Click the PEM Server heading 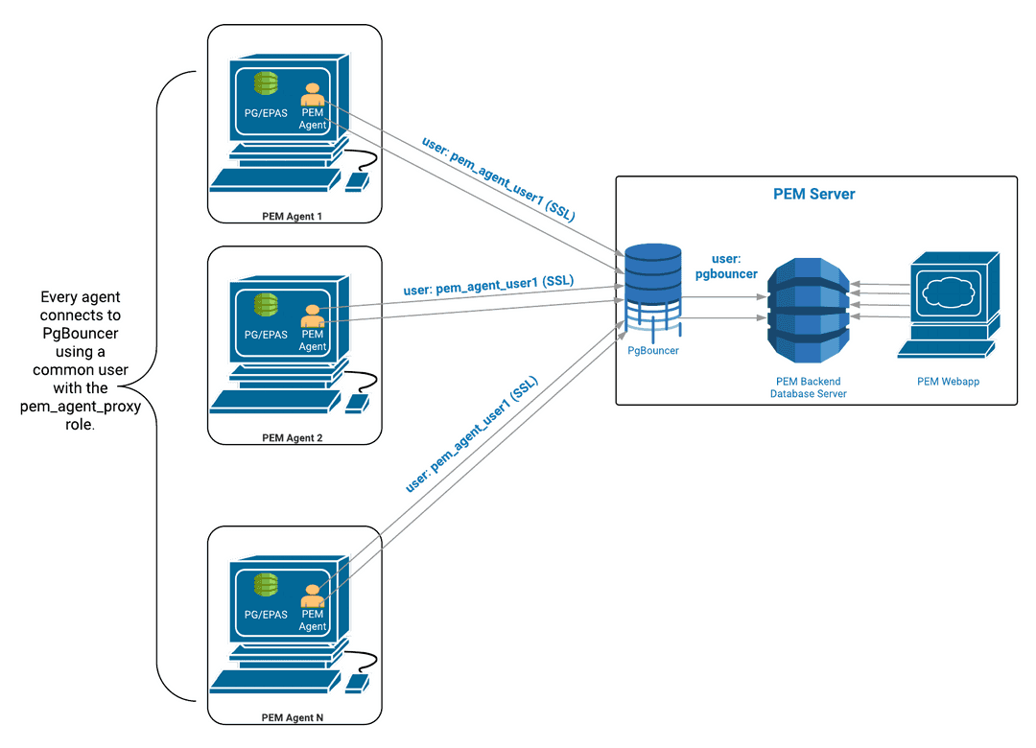pyautogui.click(x=814, y=194)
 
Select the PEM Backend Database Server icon pyautogui.click(x=809, y=310)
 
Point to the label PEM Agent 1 pyautogui.click(x=293, y=216)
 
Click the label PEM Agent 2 pyautogui.click(x=293, y=437)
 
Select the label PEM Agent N pyautogui.click(x=293, y=716)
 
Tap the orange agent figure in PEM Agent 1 pyautogui.click(x=312, y=94)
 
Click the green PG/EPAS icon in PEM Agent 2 pyautogui.click(x=266, y=306)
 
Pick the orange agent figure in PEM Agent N pyautogui.click(x=312, y=596)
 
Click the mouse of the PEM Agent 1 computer pyautogui.click(x=358, y=179)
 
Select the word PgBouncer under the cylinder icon pyautogui.click(x=652, y=351)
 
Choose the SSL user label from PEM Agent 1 pyautogui.click(x=498, y=179)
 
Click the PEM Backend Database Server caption pyautogui.click(x=808, y=387)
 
